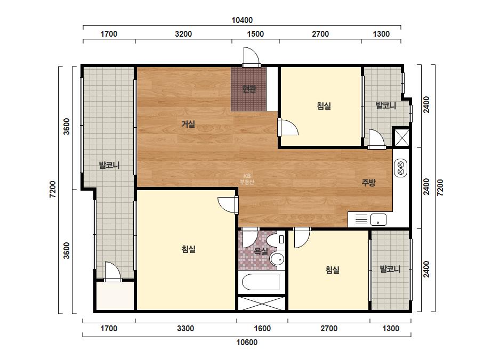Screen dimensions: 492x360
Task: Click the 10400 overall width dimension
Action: (x=242, y=20)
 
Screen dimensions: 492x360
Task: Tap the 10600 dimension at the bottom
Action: (x=247, y=342)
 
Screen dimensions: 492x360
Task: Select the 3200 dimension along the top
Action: (x=183, y=34)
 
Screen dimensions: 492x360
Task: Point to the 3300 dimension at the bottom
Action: (x=185, y=329)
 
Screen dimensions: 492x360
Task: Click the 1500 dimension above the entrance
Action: (x=255, y=34)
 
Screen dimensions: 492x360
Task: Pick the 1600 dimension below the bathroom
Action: (x=262, y=329)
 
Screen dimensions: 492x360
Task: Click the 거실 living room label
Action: (x=188, y=125)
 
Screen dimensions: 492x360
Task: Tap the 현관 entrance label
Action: (x=249, y=89)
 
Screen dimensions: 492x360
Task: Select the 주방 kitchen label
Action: (x=368, y=183)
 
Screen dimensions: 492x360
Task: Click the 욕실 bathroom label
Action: (x=261, y=251)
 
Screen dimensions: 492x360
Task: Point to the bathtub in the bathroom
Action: (x=261, y=282)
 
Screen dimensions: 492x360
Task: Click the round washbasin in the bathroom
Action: (x=277, y=259)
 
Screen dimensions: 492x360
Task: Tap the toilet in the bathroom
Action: (x=276, y=240)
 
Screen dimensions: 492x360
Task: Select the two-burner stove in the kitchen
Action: (x=401, y=168)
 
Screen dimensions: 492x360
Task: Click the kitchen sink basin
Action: (x=378, y=219)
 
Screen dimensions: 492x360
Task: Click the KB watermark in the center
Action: (x=247, y=179)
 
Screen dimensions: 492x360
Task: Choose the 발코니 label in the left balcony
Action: (x=109, y=165)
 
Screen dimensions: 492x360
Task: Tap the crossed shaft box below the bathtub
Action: (x=262, y=303)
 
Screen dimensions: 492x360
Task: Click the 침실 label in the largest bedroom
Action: (x=189, y=249)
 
